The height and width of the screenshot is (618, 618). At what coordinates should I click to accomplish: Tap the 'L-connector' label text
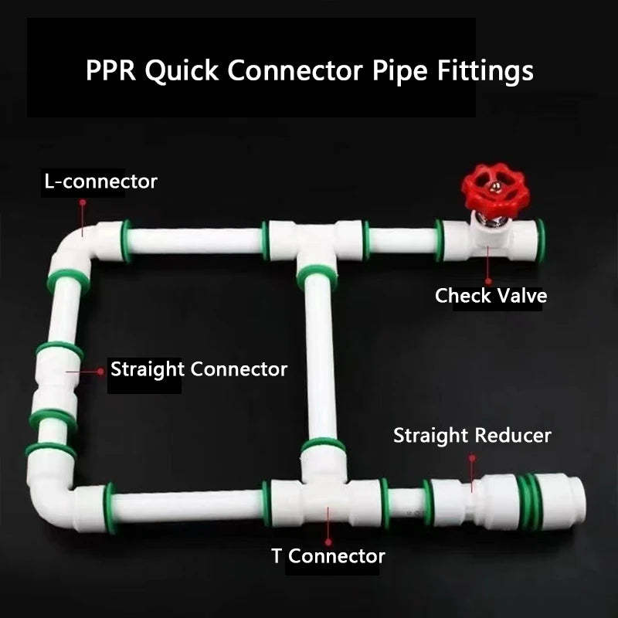click(101, 182)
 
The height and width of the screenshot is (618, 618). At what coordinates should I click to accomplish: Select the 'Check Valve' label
click(491, 296)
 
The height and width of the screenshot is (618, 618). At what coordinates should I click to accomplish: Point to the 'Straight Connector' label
click(199, 370)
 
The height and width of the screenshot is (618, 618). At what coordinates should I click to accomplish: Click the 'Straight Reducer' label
click(472, 436)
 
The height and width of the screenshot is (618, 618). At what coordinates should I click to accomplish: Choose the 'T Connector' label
click(328, 556)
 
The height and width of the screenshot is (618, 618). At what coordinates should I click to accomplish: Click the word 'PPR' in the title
click(110, 70)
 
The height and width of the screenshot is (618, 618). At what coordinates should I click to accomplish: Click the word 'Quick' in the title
click(182, 71)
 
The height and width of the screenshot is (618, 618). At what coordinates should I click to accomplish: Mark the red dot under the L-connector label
click(83, 202)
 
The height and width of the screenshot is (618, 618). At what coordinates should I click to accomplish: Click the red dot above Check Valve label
click(488, 281)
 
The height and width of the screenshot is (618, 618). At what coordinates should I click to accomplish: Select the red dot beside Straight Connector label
click(100, 372)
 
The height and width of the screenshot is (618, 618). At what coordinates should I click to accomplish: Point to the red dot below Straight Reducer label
click(472, 458)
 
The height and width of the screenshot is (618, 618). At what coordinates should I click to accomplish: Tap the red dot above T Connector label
click(328, 542)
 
